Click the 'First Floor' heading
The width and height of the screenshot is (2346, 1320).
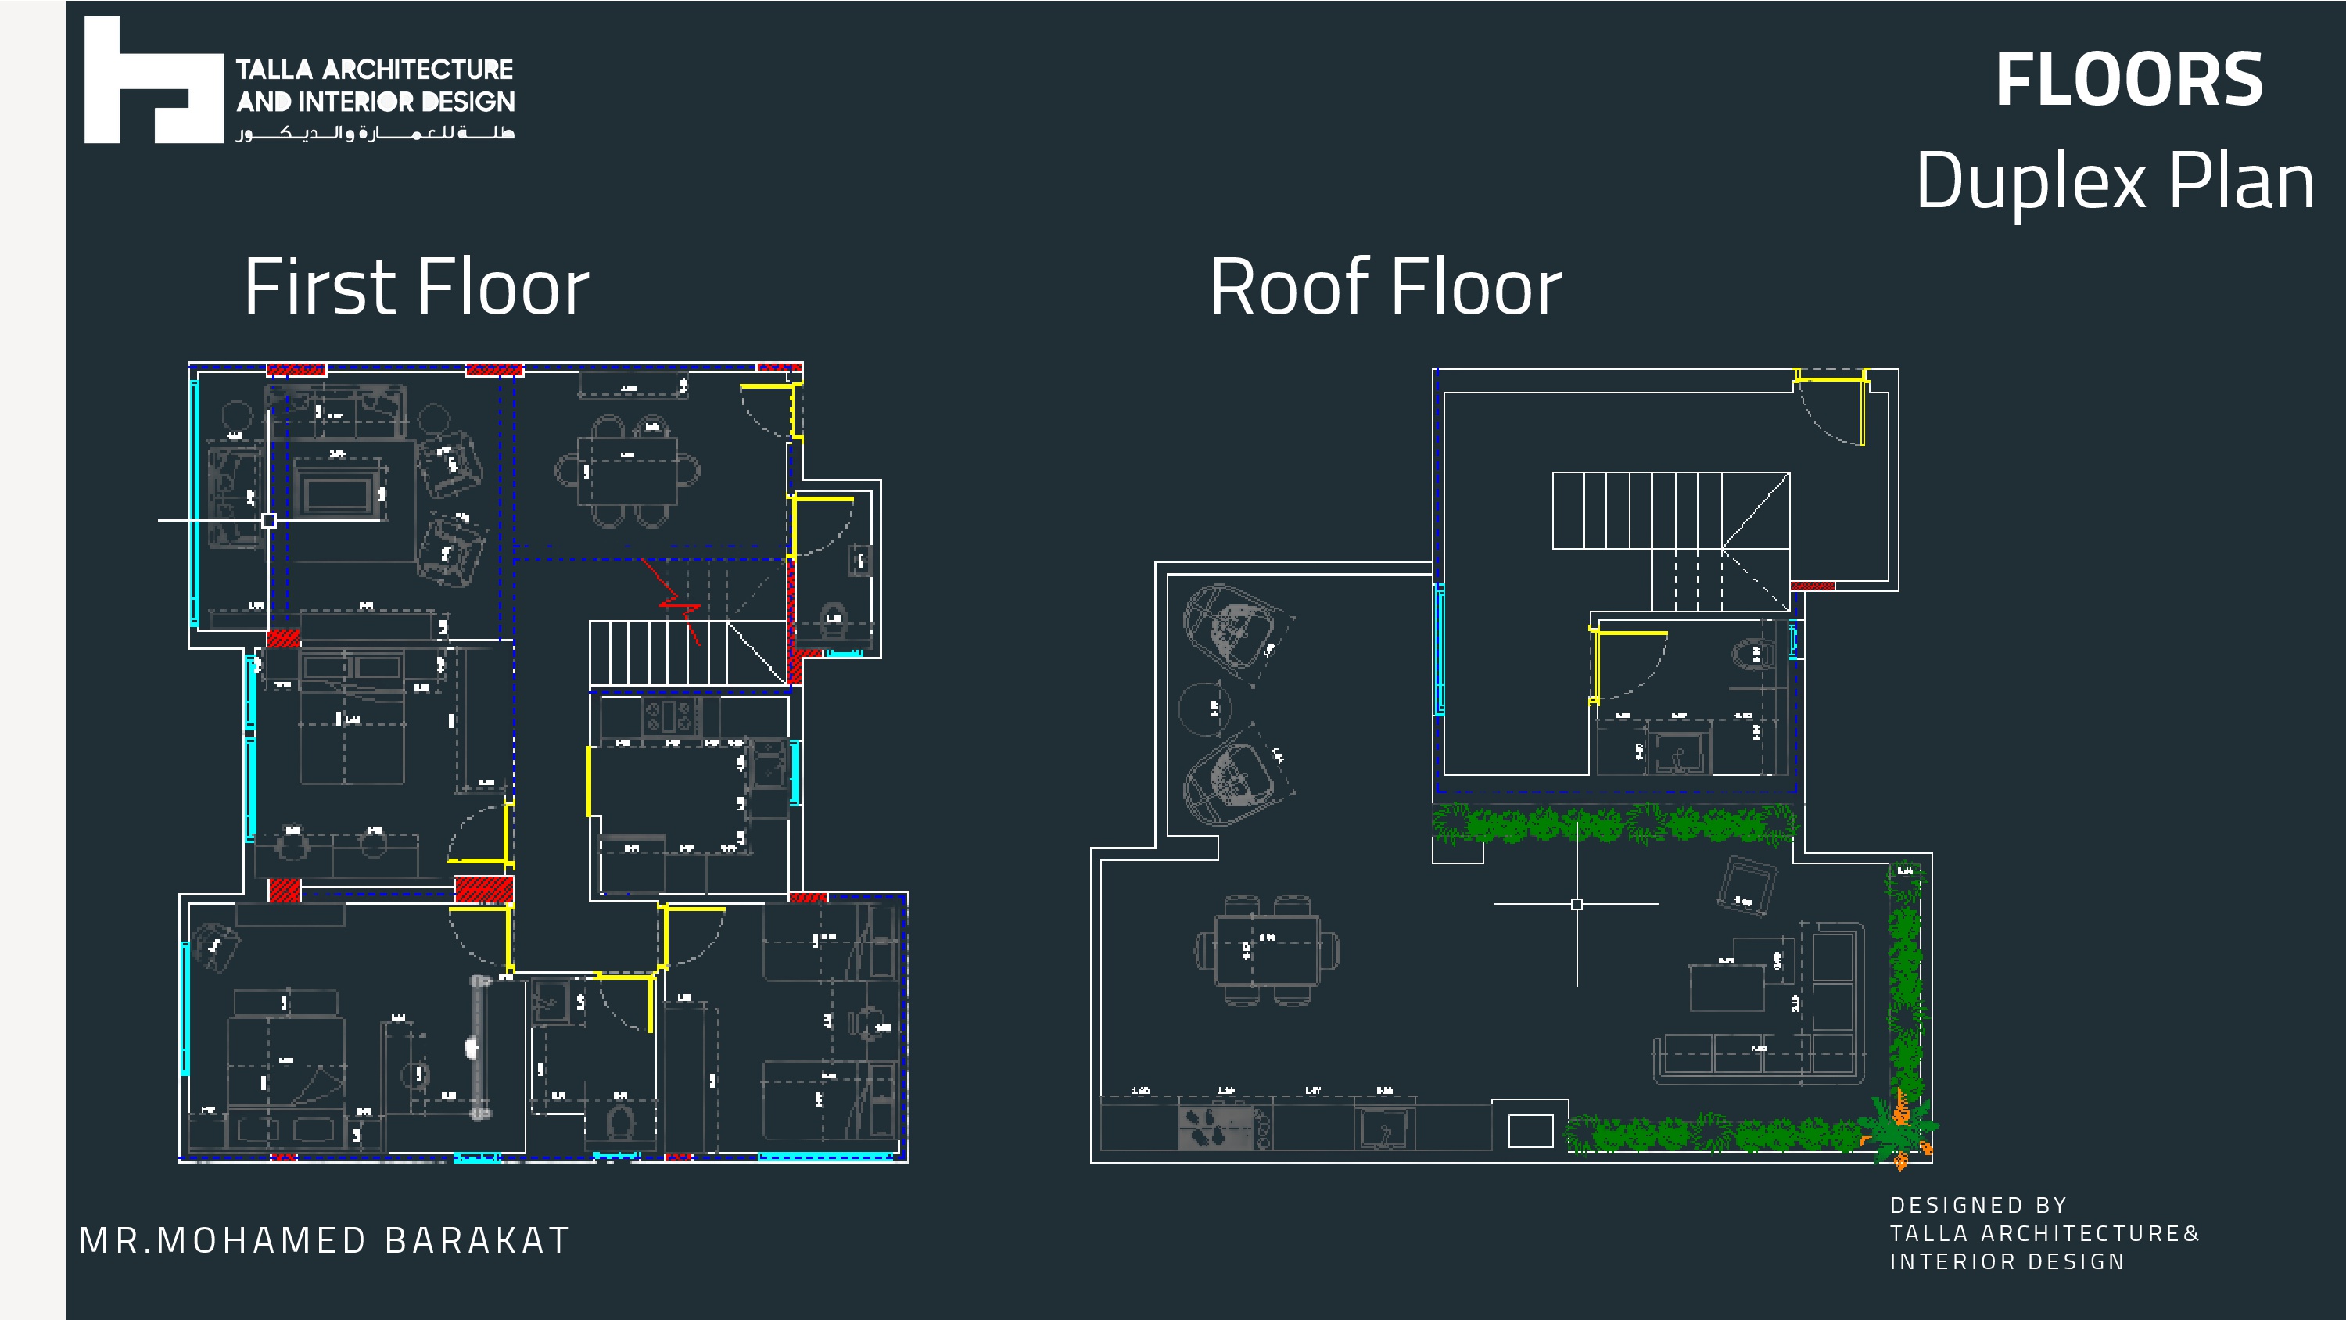416,287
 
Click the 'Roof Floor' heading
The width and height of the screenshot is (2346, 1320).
1385,287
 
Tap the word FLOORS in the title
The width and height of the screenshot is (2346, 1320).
2129,81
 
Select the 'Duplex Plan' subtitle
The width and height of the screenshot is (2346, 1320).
2114,181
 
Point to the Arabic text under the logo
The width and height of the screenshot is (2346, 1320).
375,133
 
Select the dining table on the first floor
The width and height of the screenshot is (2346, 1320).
627,471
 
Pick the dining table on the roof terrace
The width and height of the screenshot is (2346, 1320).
1266,950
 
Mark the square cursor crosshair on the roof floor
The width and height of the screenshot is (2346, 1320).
1577,904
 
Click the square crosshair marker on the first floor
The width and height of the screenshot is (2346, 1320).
269,520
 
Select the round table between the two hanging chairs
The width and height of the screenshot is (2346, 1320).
1205,707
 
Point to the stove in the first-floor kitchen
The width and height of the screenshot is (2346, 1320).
670,717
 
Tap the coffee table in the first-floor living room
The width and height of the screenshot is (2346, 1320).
337,493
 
